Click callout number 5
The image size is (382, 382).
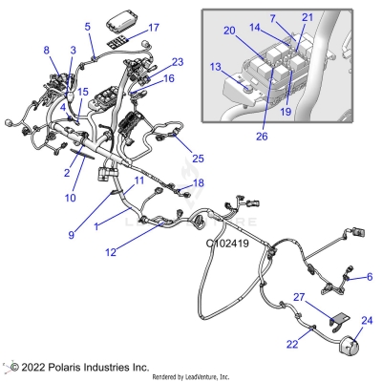(x=88, y=27)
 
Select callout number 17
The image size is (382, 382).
(x=154, y=28)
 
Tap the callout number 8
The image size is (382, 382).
(x=46, y=50)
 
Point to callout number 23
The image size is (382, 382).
(x=177, y=62)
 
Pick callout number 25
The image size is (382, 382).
(x=198, y=157)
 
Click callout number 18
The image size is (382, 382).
(x=198, y=182)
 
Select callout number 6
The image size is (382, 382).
(x=370, y=277)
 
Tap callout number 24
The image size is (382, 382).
(x=369, y=320)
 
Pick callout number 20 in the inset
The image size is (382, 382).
(x=229, y=30)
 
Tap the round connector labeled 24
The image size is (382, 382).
(x=351, y=350)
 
